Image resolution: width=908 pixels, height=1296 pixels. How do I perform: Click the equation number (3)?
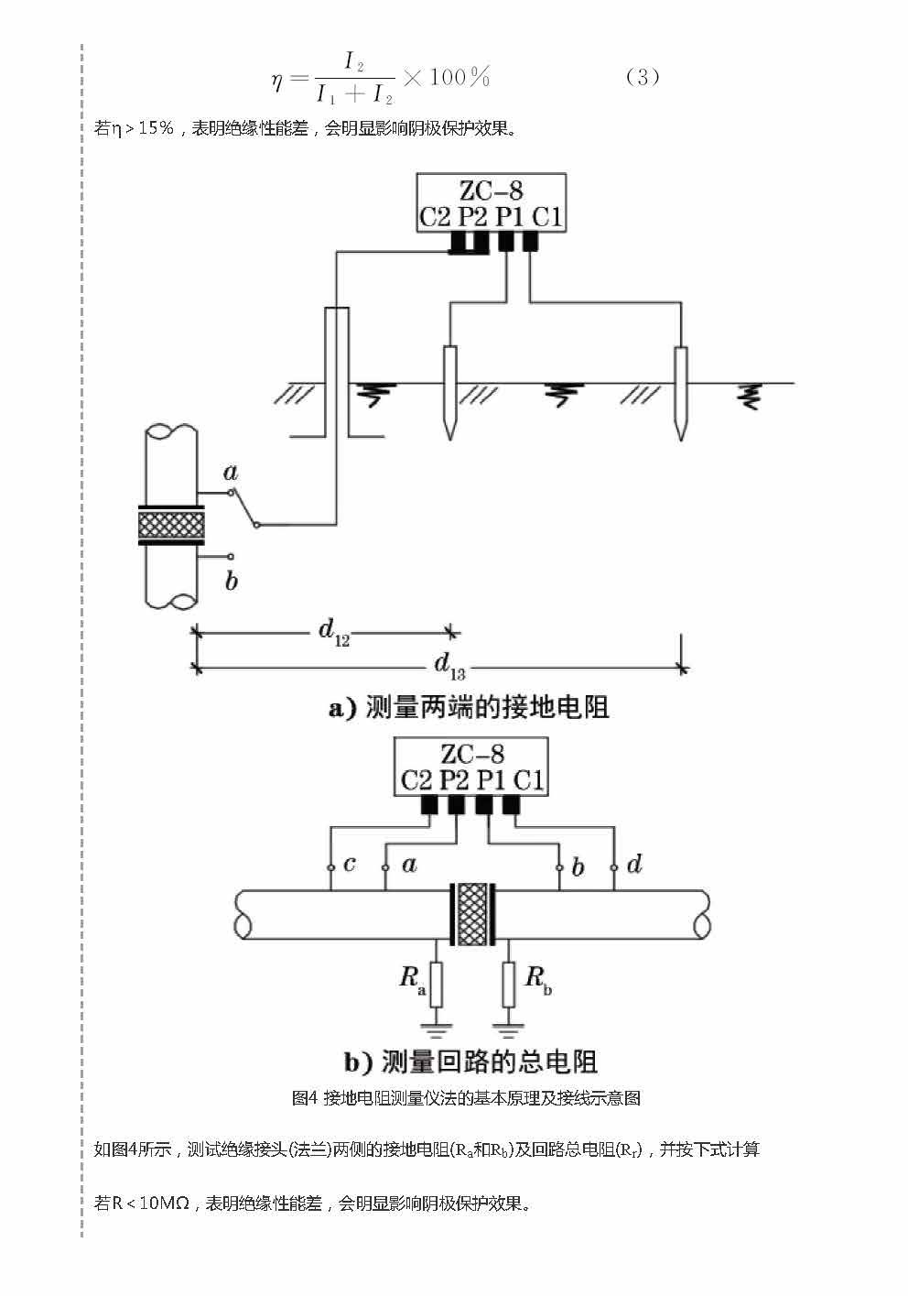(x=642, y=77)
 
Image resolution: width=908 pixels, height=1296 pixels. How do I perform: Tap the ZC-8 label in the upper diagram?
(x=491, y=191)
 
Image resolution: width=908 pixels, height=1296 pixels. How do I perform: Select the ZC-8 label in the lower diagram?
(x=471, y=754)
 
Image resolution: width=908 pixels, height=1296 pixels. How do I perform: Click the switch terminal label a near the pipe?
(x=231, y=473)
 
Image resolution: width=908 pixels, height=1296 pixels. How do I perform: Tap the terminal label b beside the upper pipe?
(x=232, y=581)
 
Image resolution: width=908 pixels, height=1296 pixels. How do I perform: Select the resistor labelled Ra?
(x=437, y=984)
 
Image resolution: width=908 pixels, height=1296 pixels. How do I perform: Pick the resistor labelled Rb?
(x=509, y=984)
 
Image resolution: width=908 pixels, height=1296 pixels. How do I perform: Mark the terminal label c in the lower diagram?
(x=350, y=864)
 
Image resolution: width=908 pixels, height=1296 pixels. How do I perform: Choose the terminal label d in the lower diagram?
(x=634, y=864)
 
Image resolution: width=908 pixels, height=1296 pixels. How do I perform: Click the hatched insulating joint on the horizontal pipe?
(x=472, y=913)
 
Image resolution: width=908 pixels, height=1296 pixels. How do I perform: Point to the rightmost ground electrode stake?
(x=680, y=392)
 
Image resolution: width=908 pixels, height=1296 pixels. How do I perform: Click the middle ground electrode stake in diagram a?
(x=449, y=392)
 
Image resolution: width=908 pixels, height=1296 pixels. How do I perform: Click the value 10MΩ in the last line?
(x=164, y=1203)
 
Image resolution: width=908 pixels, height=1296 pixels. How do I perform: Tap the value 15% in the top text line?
(x=156, y=128)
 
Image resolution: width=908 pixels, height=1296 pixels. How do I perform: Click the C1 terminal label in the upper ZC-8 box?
(x=546, y=217)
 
